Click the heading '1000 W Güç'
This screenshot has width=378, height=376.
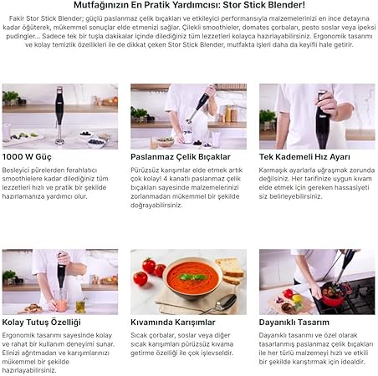(x=27, y=157)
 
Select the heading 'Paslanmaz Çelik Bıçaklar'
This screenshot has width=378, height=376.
(x=181, y=157)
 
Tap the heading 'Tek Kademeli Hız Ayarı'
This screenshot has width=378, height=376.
(x=304, y=157)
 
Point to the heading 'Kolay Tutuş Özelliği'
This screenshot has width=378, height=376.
(x=41, y=323)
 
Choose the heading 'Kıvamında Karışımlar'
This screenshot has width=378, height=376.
(x=173, y=323)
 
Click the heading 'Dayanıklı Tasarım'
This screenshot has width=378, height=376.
(x=294, y=323)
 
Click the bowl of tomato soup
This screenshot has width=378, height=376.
(x=192, y=278)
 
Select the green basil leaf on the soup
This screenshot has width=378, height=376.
(x=193, y=277)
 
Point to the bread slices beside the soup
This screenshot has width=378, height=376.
(x=230, y=270)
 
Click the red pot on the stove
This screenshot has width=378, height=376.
(x=334, y=295)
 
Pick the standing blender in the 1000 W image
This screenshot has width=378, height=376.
(x=59, y=116)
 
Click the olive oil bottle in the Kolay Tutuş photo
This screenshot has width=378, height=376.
(x=80, y=306)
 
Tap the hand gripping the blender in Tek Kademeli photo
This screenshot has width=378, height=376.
(x=327, y=104)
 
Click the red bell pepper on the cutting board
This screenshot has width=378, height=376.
(x=288, y=293)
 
